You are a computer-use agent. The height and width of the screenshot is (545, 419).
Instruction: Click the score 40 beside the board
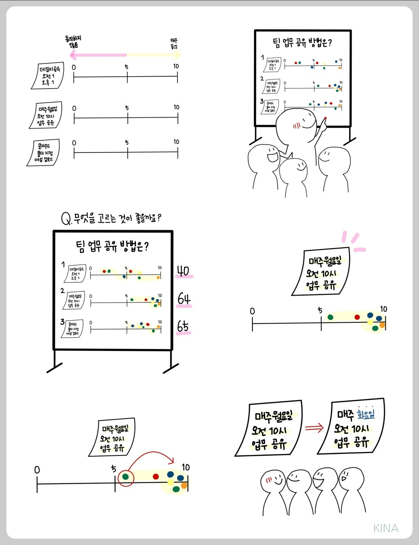183,271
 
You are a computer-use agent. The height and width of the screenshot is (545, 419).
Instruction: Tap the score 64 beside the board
184,299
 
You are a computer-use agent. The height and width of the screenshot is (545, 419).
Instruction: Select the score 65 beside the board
183,327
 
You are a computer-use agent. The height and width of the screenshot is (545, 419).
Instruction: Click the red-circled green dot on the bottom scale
125,477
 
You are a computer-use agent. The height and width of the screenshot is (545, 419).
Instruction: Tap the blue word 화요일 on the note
366,414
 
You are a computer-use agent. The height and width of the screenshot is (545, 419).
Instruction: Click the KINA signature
386,528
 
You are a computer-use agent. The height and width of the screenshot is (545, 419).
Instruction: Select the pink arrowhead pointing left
73,55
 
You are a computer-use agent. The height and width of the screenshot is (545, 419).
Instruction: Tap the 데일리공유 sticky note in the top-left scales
48,76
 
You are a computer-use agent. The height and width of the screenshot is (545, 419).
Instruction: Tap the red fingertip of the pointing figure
325,119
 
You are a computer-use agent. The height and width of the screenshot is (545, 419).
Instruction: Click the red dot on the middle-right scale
357,317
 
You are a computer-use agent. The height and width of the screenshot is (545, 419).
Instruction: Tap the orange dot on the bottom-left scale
184,485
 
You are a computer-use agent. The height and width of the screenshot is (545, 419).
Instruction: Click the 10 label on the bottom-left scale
186,468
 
